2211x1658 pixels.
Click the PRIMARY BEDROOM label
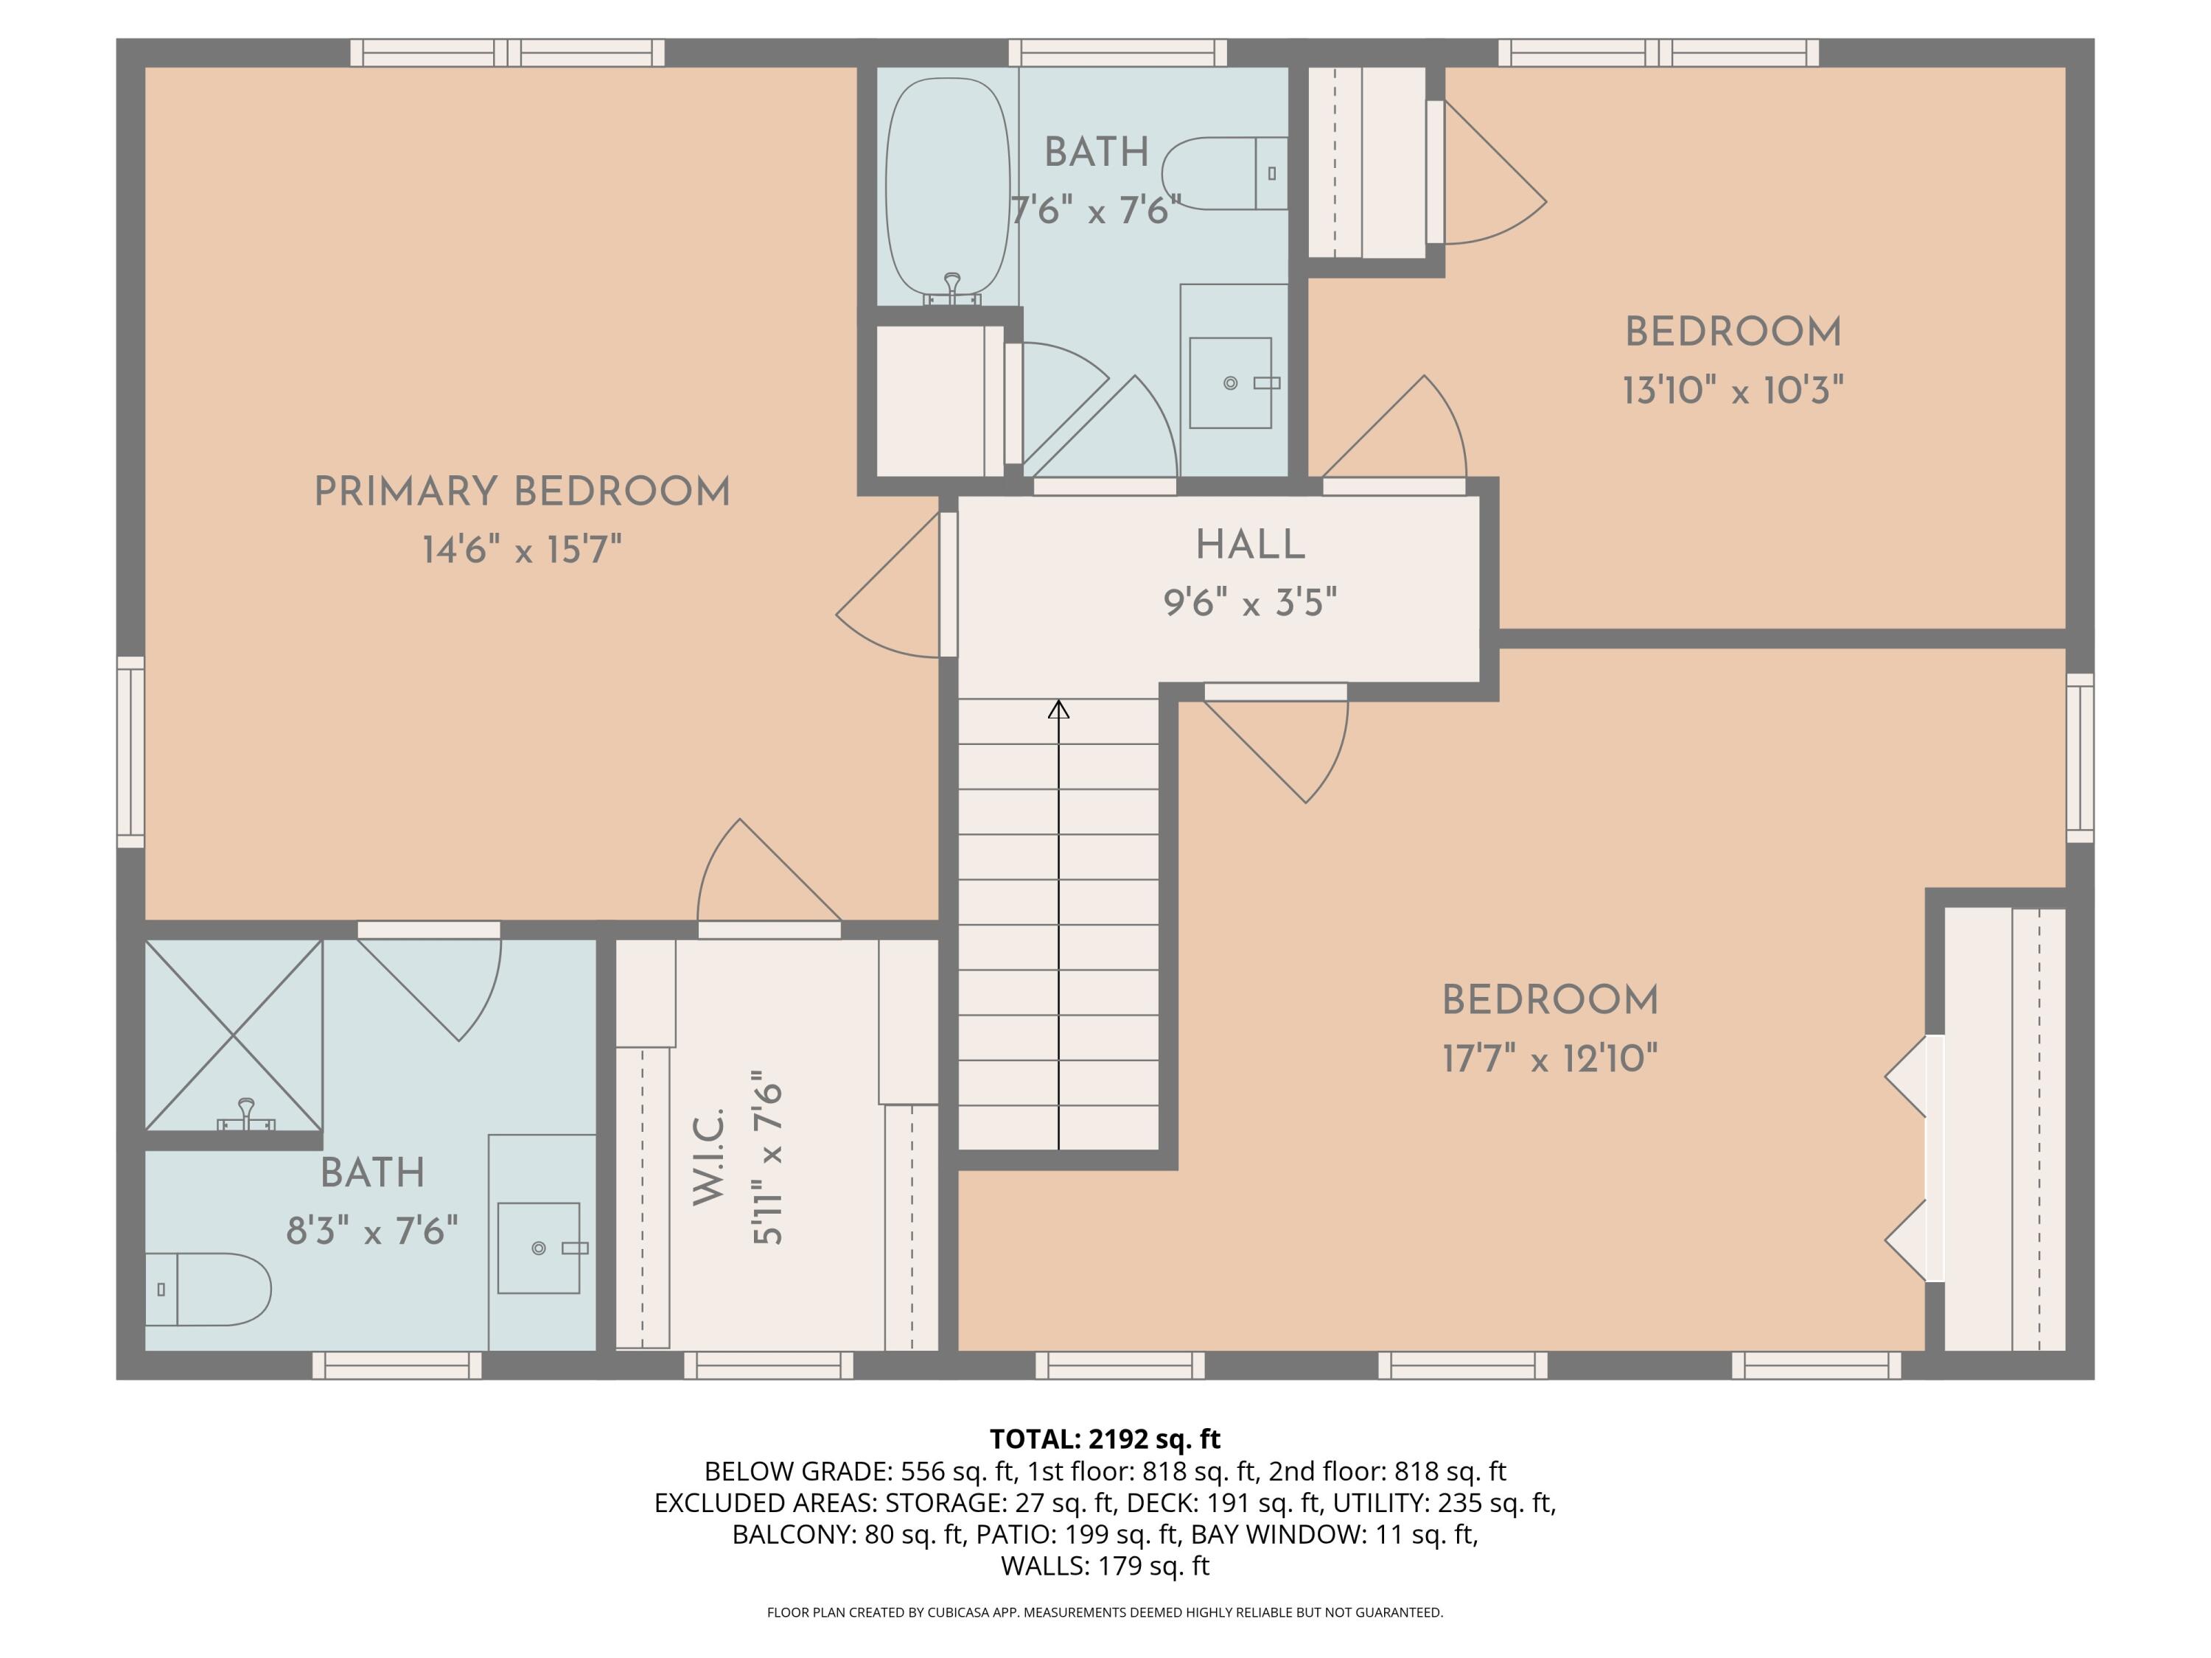tap(522, 492)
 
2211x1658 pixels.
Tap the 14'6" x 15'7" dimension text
tap(522, 550)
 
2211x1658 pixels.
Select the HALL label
tap(1249, 545)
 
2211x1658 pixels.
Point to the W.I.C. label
tap(708, 1155)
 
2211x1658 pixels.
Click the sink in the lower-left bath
tap(539, 1248)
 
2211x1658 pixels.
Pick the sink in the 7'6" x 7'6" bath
tap(1231, 382)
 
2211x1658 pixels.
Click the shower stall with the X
tap(234, 1035)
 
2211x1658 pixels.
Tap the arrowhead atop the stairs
tap(1058, 710)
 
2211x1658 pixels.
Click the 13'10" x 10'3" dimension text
tap(1732, 390)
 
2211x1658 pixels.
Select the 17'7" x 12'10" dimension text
tap(1549, 1057)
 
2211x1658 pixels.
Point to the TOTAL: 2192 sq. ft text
tap(1105, 1439)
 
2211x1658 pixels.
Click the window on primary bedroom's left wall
tap(131, 752)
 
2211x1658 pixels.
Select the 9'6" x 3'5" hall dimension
tap(1249, 603)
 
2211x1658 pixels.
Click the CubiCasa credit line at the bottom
tap(1105, 1612)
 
